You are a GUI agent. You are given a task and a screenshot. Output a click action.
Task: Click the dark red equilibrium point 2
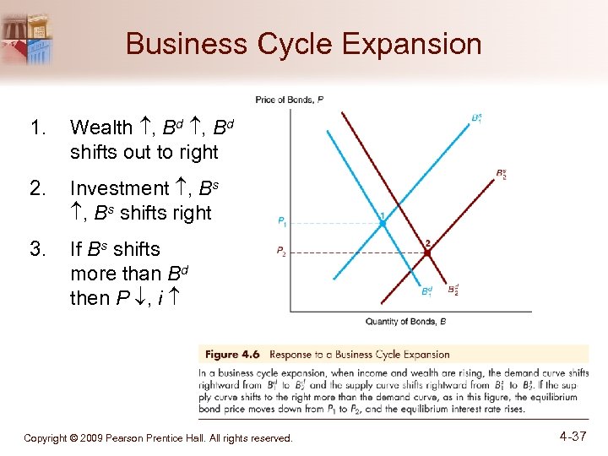tap(427, 251)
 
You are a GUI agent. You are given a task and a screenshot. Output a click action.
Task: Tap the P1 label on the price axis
tap(282, 223)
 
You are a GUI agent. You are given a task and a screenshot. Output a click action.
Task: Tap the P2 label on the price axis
tap(282, 251)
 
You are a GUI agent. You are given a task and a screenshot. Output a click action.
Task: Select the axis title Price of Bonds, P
tap(289, 100)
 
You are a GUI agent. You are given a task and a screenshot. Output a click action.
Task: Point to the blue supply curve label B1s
tap(477, 117)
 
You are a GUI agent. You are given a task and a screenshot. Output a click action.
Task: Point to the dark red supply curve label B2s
tap(502, 175)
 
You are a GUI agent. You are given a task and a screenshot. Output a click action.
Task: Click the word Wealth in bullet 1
tap(101, 128)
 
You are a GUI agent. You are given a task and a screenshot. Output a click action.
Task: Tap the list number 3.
tap(36, 249)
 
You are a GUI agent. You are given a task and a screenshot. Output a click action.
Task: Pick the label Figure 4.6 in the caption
tap(232, 355)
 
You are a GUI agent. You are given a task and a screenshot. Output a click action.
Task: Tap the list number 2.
tap(36, 188)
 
